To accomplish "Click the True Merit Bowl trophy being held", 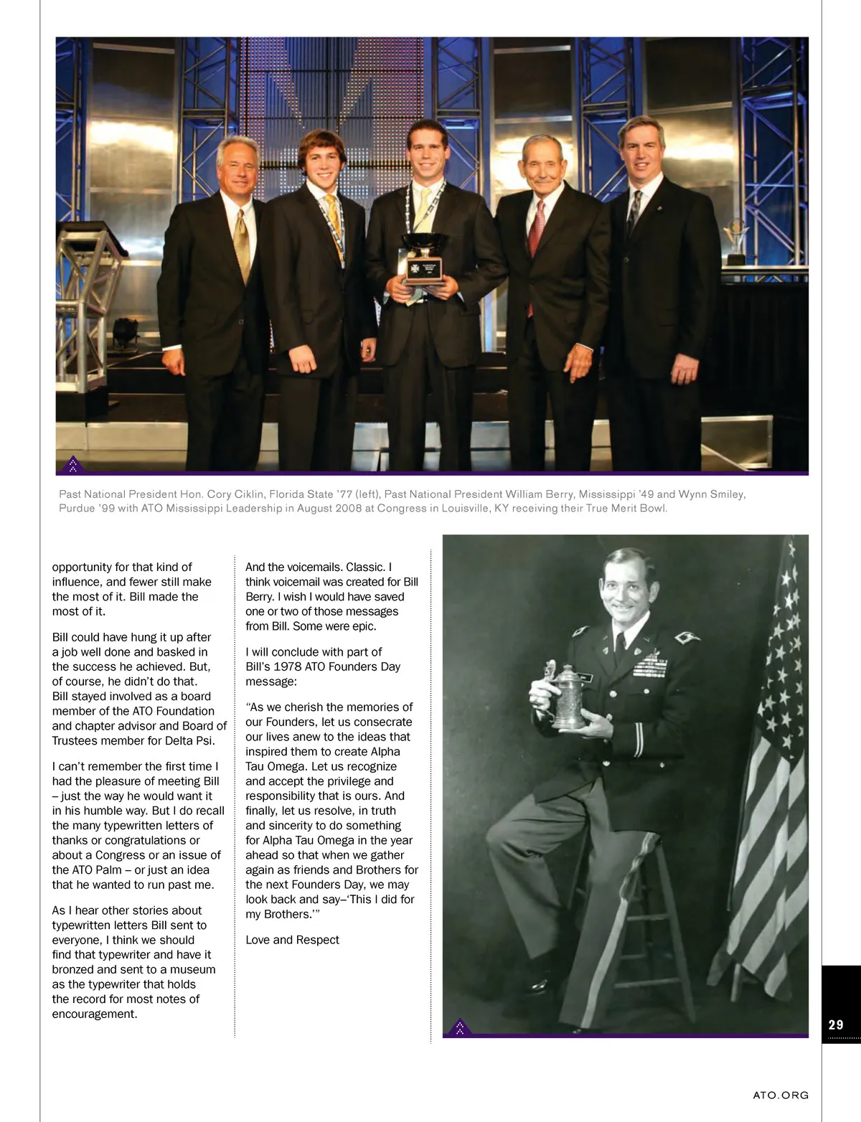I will tap(424, 258).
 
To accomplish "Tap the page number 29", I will tap(836, 1024).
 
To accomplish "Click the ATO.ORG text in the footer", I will tap(781, 1095).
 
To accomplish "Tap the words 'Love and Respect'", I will tap(292, 940).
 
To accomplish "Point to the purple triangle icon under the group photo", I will tap(72, 465).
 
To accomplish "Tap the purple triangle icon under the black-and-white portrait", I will tap(459, 1027).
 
